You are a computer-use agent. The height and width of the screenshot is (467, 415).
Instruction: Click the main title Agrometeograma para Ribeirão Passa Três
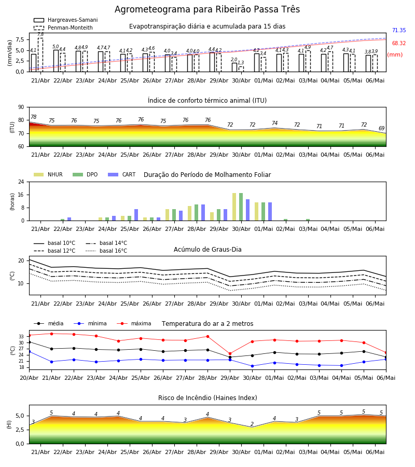207,9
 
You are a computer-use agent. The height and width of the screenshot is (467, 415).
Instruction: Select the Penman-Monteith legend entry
63,28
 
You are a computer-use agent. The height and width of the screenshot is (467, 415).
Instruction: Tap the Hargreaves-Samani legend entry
65,20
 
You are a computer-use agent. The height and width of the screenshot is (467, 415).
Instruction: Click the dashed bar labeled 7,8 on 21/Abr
40,55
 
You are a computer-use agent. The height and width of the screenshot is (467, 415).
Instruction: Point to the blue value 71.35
399,31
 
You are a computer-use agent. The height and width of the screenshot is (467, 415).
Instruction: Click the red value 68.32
399,43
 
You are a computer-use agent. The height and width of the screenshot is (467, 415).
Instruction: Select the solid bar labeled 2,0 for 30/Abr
234,67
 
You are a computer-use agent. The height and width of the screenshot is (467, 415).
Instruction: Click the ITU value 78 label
34,117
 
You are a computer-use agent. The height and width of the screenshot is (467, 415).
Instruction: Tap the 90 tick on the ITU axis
21,107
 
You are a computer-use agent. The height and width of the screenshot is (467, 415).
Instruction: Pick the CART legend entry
122,174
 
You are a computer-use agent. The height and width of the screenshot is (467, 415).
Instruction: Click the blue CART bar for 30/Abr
247,210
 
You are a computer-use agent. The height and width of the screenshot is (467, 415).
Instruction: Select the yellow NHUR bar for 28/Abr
190,213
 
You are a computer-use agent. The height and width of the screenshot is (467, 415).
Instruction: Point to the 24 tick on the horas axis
21,182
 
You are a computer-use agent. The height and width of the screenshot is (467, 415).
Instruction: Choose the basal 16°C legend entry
106,251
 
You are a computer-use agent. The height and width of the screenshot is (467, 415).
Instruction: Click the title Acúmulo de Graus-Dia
208,250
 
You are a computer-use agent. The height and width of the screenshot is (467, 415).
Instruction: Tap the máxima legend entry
134,323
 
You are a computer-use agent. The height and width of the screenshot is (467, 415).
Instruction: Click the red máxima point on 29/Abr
230,354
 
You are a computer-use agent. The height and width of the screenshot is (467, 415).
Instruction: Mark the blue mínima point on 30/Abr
253,366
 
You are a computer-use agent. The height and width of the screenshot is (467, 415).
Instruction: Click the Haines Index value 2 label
252,424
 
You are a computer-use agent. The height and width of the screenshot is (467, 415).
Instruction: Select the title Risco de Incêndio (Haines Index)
208,398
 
